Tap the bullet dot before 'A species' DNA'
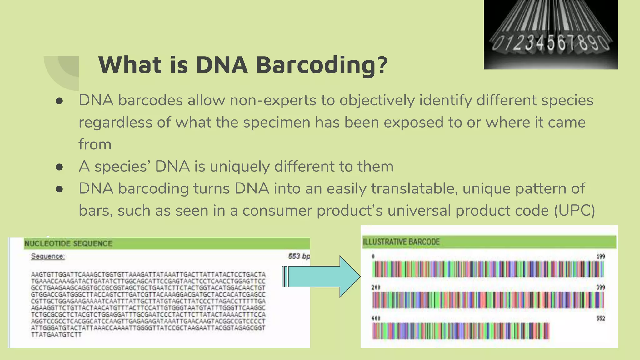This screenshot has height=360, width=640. [59, 167]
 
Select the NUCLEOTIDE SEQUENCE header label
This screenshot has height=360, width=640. [68, 244]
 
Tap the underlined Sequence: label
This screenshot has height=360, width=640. [48, 257]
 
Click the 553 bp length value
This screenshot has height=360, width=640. [299, 257]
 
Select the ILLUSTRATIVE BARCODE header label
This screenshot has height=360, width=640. [401, 242]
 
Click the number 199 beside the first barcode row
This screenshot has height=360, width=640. [601, 257]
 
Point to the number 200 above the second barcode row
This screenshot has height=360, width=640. [376, 287]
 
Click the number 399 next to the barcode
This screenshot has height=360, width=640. [601, 287]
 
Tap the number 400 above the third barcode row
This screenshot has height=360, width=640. [376, 318]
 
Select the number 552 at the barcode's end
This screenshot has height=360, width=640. [601, 318]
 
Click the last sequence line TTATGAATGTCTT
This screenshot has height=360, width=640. [56, 335]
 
